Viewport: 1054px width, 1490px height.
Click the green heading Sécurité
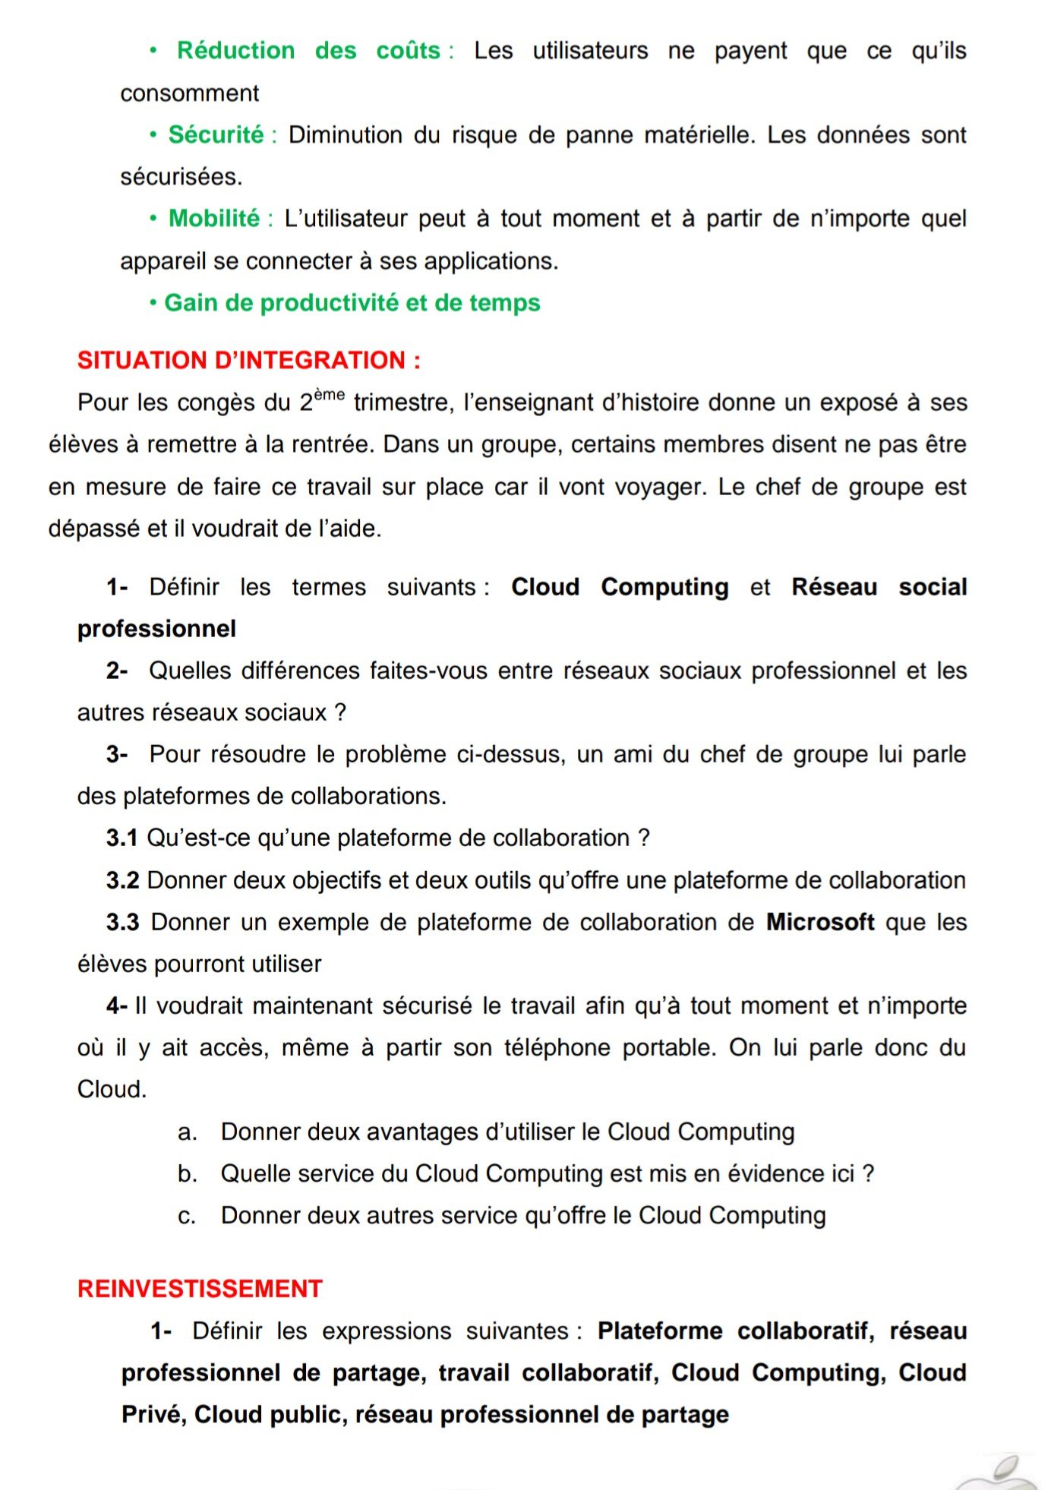click(x=216, y=134)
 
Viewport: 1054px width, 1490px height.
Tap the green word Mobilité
click(x=213, y=218)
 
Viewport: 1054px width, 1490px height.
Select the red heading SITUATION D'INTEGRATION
click(x=248, y=359)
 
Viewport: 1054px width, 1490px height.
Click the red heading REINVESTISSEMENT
click(x=200, y=1288)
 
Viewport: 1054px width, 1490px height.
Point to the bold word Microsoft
click(x=820, y=921)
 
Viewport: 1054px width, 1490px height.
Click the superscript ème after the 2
click(x=330, y=394)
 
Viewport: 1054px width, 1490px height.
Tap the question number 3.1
click(x=121, y=838)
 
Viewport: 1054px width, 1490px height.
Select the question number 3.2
click(x=122, y=879)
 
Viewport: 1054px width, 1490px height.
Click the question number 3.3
click(x=122, y=921)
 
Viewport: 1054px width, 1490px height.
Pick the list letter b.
click(x=187, y=1173)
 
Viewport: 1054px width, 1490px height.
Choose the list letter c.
click(x=186, y=1215)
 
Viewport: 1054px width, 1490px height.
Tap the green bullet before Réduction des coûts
click(x=153, y=50)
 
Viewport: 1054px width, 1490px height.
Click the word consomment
click(x=189, y=93)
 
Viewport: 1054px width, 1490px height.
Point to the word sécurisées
click(x=181, y=176)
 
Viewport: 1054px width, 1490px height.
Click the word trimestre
click(x=403, y=402)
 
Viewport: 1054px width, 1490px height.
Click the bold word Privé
click(x=153, y=1414)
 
